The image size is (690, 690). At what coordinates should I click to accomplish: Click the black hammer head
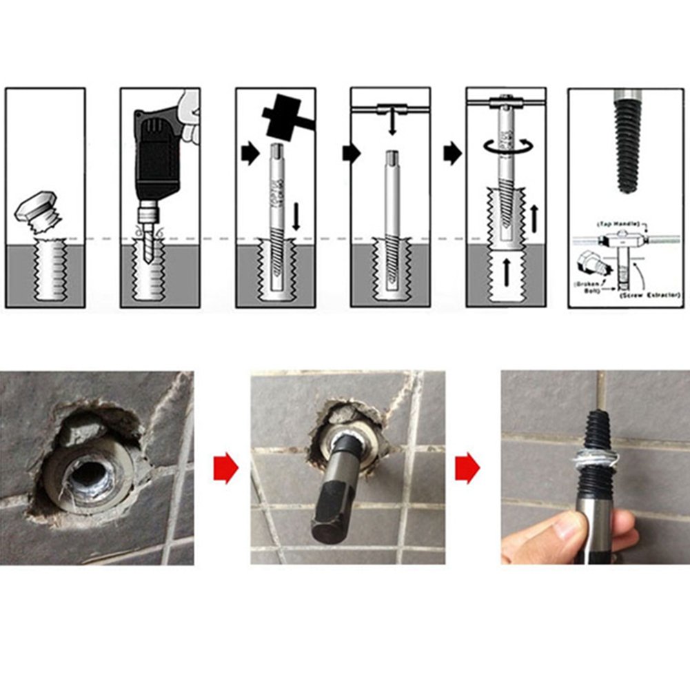[x=279, y=113]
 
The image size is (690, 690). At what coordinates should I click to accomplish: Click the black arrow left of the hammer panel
[x=247, y=152]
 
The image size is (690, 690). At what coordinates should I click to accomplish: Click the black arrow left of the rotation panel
[x=453, y=152]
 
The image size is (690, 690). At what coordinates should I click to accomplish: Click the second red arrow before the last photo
[x=468, y=469]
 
